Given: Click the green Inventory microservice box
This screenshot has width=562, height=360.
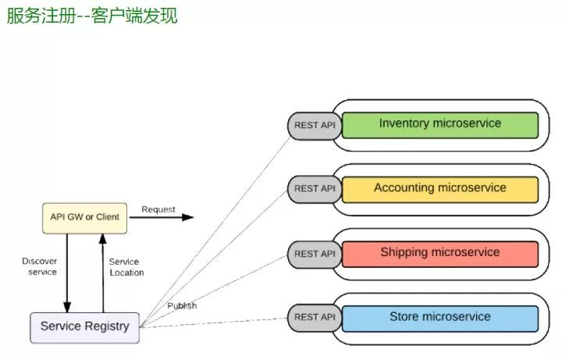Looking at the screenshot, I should [x=439, y=125].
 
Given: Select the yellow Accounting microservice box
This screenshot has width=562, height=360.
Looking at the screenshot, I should [x=439, y=190].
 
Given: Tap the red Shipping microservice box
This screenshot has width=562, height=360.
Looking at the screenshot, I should [x=439, y=254].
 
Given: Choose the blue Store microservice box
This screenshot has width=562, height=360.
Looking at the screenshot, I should [x=439, y=318].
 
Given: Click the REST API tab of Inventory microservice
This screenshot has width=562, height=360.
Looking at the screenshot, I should [x=314, y=125].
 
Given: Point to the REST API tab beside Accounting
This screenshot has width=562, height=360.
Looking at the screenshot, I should [x=314, y=189].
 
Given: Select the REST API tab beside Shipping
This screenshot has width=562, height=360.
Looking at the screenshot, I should [x=314, y=254].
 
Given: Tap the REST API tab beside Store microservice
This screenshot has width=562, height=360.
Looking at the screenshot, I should [x=314, y=318].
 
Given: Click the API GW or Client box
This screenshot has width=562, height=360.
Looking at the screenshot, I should [x=84, y=217].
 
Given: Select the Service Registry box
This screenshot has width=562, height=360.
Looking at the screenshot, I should [x=84, y=326].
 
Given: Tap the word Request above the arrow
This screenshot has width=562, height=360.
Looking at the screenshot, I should [x=158, y=209].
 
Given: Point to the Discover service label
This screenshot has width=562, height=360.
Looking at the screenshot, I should [x=39, y=266].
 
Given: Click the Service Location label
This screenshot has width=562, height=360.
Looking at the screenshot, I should [x=126, y=267].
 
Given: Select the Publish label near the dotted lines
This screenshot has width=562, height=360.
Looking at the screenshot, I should [x=181, y=305].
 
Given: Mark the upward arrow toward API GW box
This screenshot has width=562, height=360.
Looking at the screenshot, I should [x=101, y=273].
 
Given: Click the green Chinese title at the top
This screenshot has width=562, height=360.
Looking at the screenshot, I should [x=92, y=16].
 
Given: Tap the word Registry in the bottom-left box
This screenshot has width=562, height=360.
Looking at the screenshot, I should [x=108, y=326].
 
